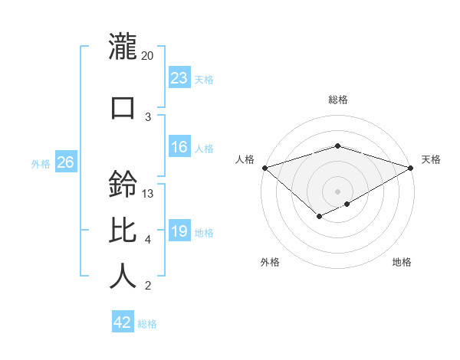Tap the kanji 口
point(123,107)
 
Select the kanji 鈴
point(123,185)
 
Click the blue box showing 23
point(179,77)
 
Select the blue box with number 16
point(179,147)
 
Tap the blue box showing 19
point(179,231)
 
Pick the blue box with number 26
point(65,162)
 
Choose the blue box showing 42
point(123,322)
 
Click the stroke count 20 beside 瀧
point(148,56)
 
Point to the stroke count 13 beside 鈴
point(148,194)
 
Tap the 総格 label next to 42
point(147,324)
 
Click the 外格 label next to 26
point(41,163)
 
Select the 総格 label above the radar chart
point(337,100)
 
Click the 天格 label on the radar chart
point(431,159)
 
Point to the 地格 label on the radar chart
point(402,262)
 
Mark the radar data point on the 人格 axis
point(264,168)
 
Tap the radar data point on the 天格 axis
point(411,168)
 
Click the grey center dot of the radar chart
point(337,191)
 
